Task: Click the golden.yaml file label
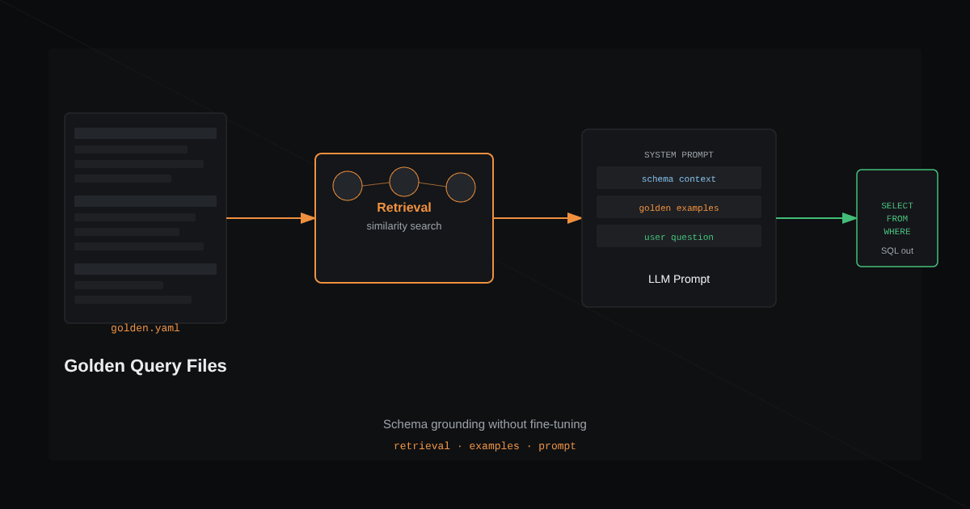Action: (145, 329)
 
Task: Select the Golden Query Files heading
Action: (145, 366)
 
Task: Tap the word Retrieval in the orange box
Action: (404, 208)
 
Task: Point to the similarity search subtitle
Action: (404, 226)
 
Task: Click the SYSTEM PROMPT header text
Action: (678, 155)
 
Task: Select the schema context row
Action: (678, 178)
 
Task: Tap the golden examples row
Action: (678, 207)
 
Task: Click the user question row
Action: (678, 236)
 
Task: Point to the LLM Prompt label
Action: (678, 280)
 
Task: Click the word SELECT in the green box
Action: (896, 205)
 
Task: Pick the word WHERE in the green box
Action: (896, 232)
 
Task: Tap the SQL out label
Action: (896, 250)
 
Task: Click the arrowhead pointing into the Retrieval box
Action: (308, 218)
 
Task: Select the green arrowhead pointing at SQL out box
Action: (850, 218)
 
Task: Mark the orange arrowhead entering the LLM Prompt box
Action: (575, 218)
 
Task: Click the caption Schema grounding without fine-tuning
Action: (484, 424)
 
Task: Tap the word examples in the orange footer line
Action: (494, 446)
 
